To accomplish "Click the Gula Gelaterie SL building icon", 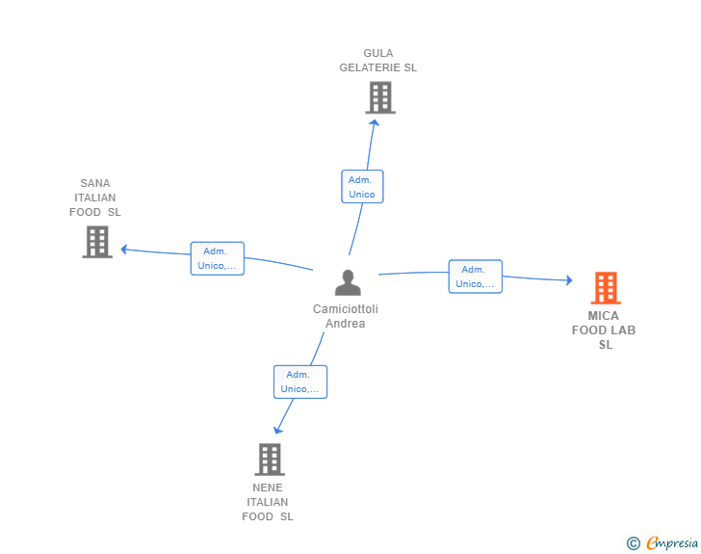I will coord(380,97).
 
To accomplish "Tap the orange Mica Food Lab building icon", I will coord(605,287).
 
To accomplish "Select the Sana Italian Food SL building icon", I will coord(96,242).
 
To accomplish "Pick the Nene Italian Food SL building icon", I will coord(270,460).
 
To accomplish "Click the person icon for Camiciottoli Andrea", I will coord(347,282).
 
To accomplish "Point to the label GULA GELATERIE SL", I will coord(378,61).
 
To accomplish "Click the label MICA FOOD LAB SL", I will coord(604,330).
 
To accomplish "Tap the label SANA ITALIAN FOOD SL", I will coord(95,198).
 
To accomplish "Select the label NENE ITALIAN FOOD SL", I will coord(268,502).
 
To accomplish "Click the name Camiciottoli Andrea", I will coord(346,316).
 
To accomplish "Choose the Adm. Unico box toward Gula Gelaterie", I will coord(362,187).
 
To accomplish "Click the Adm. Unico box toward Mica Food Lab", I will coord(475,277).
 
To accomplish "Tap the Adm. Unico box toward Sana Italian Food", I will coord(217,258).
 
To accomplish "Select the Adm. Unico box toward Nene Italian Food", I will coord(299,382).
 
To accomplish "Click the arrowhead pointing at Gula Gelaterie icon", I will coord(374,122).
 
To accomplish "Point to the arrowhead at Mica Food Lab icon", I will coord(568,280).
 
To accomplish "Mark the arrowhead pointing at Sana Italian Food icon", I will coord(124,250).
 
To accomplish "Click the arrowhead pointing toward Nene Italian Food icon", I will coord(278,429).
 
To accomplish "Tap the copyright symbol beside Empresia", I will coord(633,543).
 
